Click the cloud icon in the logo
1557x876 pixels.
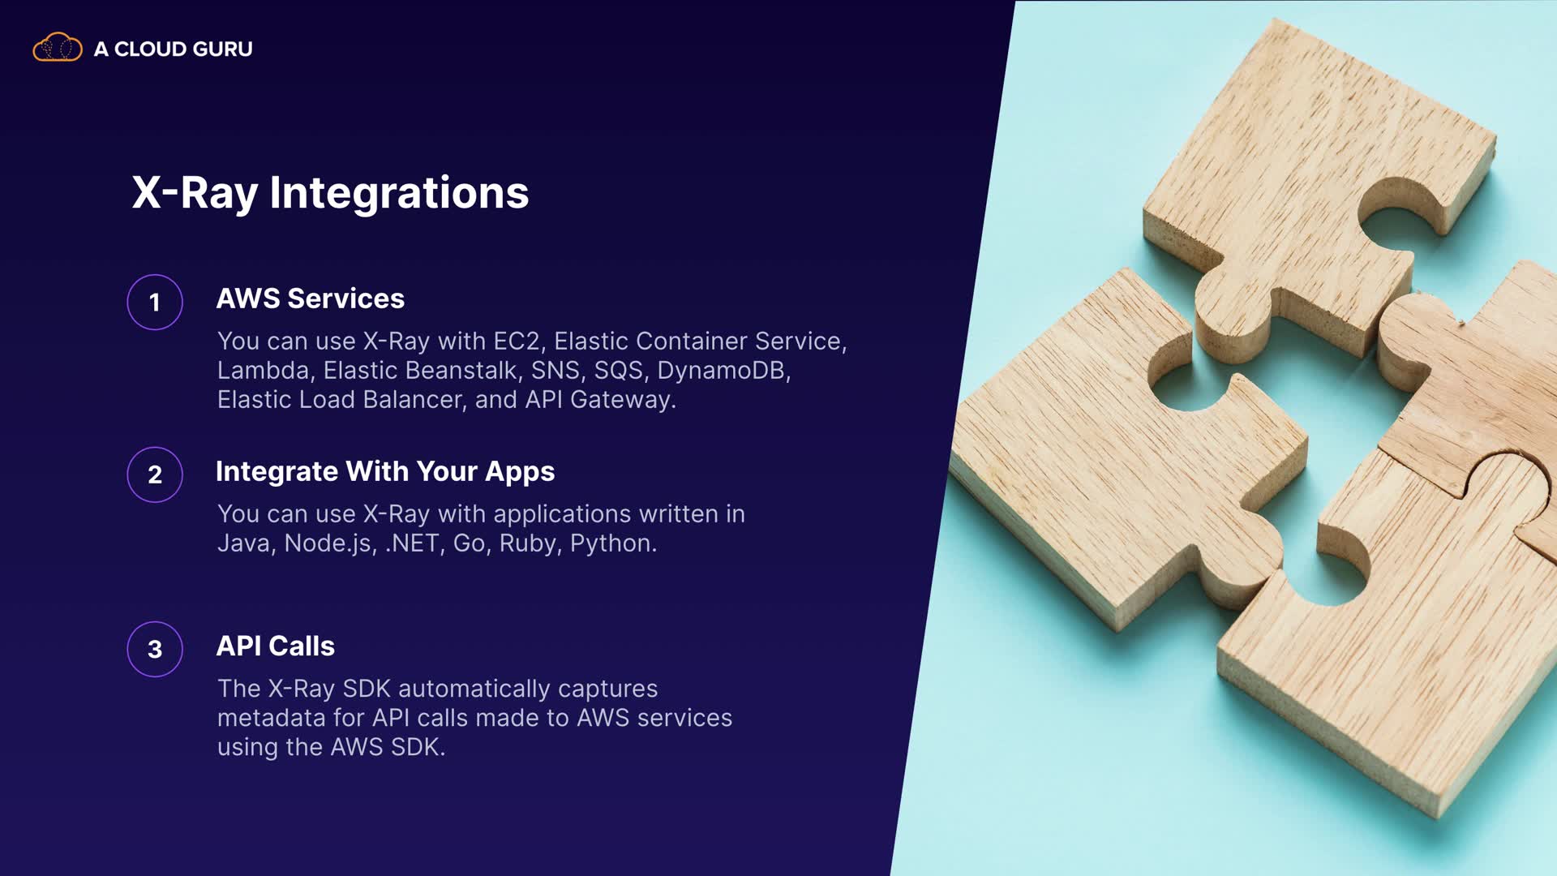57,48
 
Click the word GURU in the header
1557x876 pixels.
223,49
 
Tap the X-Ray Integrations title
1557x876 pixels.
330,193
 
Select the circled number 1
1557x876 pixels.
155,303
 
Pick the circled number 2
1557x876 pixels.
155,474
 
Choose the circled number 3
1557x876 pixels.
155,649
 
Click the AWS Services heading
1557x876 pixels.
310,298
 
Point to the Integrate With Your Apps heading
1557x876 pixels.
385,472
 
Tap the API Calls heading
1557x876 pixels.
275,646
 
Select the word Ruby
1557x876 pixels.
531,543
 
